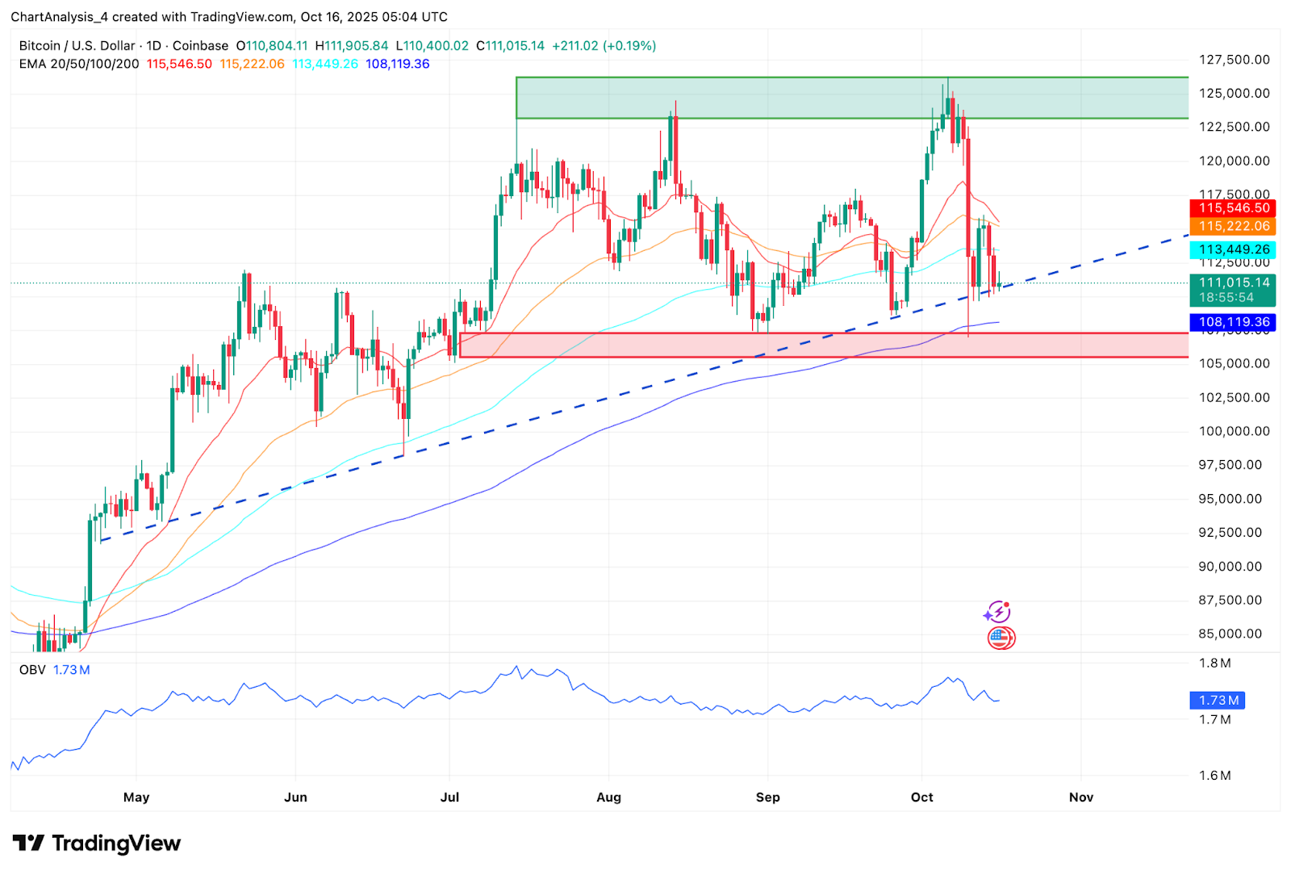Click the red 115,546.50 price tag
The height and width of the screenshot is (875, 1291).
[1233, 208]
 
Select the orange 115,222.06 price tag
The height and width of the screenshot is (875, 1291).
[1233, 227]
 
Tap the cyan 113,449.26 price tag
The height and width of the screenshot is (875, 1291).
[1233, 250]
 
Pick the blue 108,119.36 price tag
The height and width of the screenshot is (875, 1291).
[1233, 322]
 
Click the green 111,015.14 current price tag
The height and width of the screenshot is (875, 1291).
[1233, 289]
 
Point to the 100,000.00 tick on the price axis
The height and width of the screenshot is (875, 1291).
[1234, 431]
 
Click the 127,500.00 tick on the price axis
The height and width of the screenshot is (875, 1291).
[1234, 60]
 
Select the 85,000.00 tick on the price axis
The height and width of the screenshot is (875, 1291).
[1230, 634]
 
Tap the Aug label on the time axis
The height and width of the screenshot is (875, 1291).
[608, 798]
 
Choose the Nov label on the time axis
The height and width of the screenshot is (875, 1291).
[1080, 798]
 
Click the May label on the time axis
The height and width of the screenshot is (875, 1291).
[136, 798]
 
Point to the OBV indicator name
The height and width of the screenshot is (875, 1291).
[32, 670]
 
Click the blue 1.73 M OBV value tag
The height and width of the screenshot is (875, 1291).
[1218, 701]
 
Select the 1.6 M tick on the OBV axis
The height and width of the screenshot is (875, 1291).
[1214, 776]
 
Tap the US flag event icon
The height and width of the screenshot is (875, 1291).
[1001, 638]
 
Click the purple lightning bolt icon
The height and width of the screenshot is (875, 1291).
[998, 613]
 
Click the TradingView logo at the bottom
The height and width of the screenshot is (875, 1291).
[97, 844]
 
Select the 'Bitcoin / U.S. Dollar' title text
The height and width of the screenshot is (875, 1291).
[77, 46]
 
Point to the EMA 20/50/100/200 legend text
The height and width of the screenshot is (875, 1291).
[79, 64]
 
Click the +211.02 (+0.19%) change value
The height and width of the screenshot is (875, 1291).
[604, 46]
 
